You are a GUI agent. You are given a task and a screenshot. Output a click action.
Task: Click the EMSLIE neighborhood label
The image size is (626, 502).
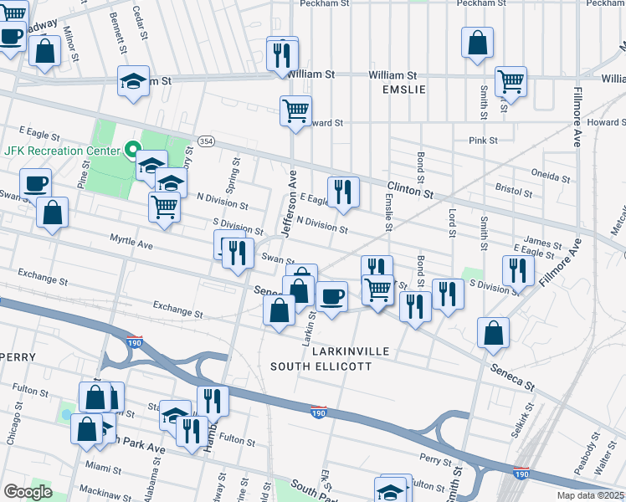(x=404, y=90)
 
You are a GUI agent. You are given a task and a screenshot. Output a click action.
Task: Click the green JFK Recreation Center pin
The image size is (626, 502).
(x=131, y=151)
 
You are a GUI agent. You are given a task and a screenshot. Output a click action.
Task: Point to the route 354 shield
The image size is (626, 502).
(x=205, y=141)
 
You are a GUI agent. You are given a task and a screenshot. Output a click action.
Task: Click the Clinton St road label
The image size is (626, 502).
(x=409, y=192)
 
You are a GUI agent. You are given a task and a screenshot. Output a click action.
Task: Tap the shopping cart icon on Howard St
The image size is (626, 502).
(x=295, y=110)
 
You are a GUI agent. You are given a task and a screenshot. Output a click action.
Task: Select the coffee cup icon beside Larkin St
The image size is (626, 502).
(x=332, y=296)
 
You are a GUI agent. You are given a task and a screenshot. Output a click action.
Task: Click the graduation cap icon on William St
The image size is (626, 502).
(x=133, y=81)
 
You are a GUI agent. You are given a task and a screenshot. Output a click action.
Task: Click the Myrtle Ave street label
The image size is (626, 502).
(x=131, y=243)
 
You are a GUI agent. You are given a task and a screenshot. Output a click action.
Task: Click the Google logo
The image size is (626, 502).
(x=28, y=492)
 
